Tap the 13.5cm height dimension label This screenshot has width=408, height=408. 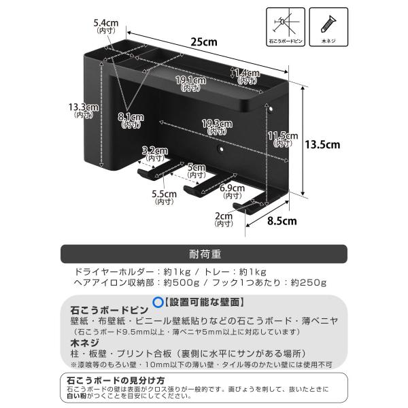click(x=322, y=144)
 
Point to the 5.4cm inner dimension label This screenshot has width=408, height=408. click(x=107, y=27)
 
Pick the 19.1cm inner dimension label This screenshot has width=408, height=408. click(x=187, y=84)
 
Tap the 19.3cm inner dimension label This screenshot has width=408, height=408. click(x=218, y=127)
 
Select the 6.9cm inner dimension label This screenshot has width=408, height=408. click(x=233, y=191)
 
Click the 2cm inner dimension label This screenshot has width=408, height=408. click(x=224, y=219)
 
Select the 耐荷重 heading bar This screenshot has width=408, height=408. click(x=204, y=254)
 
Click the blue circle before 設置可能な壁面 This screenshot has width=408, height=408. click(x=157, y=301)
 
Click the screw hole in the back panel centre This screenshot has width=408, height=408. click(x=220, y=148)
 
